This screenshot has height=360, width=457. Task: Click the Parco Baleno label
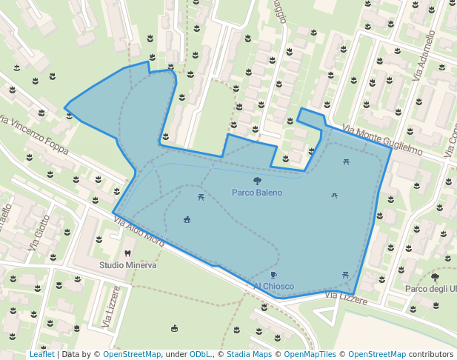pyautogui.click(x=257, y=193)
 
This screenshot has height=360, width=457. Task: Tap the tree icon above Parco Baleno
pyautogui.click(x=257, y=181)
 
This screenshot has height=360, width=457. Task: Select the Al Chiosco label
pyautogui.click(x=273, y=287)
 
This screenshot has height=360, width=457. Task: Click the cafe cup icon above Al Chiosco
pyautogui.click(x=273, y=276)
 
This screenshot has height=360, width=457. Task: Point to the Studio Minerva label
pyautogui.click(x=127, y=265)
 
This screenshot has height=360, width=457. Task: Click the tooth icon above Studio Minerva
pyautogui.click(x=127, y=253)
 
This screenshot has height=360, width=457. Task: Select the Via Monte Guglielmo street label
pyautogui.click(x=382, y=140)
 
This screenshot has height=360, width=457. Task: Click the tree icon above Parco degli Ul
pyautogui.click(x=435, y=277)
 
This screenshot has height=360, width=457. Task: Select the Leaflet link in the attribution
pyautogui.click(x=42, y=354)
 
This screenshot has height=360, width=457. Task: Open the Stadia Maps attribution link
pyautogui.click(x=249, y=354)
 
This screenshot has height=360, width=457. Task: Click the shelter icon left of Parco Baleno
pyautogui.click(x=187, y=219)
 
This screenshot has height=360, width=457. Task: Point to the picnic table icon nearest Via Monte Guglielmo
pyautogui.click(x=346, y=161)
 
